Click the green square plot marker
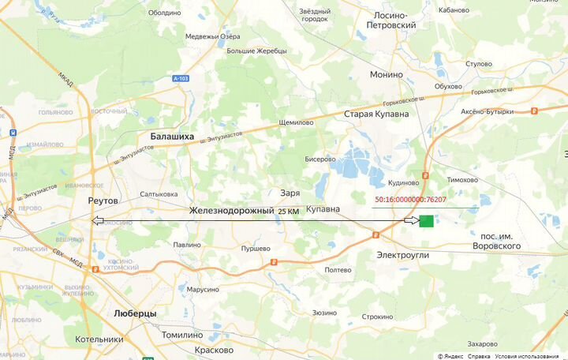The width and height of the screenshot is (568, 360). pos(426,221)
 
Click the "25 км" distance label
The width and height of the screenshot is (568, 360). pos(288,212)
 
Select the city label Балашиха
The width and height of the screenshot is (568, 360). pos(172,136)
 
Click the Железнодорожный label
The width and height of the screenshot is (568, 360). pos(231,211)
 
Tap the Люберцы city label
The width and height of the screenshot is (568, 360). pos(135,313)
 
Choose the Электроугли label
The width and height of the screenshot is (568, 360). pos(402,255)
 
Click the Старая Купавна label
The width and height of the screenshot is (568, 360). pos(376,114)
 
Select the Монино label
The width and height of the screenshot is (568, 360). pos(387,74)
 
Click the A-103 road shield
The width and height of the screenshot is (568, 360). pos(181,78)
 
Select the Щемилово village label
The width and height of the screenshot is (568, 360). pos(297,123)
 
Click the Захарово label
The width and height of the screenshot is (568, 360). pos(482,344)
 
